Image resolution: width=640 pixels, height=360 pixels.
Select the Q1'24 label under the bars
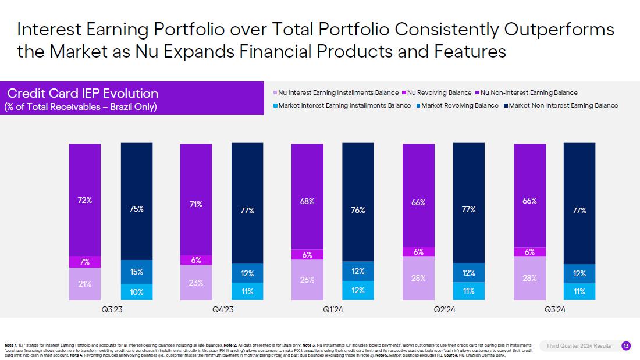click(x=333, y=311)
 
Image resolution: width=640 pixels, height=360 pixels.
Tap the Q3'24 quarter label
click(x=555, y=311)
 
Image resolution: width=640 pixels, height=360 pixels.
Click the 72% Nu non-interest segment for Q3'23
click(x=85, y=199)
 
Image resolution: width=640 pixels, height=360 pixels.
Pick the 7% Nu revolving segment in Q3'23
click(x=85, y=262)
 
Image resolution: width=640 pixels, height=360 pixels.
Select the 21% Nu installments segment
click(x=85, y=284)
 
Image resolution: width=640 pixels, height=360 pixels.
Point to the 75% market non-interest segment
click(x=137, y=209)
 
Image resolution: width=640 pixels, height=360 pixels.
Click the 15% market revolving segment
click(x=137, y=272)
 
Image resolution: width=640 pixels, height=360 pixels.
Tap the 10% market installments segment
click(x=137, y=291)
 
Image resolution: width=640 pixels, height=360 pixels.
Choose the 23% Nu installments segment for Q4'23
click(x=196, y=283)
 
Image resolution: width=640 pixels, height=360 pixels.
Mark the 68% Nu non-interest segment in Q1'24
click(x=307, y=201)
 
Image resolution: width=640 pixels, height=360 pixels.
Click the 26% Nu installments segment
click(x=307, y=280)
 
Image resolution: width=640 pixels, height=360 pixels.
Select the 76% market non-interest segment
click(x=358, y=210)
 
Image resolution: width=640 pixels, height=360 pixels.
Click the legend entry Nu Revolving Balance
click(x=439, y=92)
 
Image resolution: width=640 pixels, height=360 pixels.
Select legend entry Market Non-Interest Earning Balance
click(x=563, y=105)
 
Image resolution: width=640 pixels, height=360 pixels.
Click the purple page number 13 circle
click(x=626, y=346)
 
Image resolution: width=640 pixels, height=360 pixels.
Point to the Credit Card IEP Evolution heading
click(x=83, y=93)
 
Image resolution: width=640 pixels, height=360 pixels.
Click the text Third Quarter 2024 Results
click(x=578, y=346)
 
